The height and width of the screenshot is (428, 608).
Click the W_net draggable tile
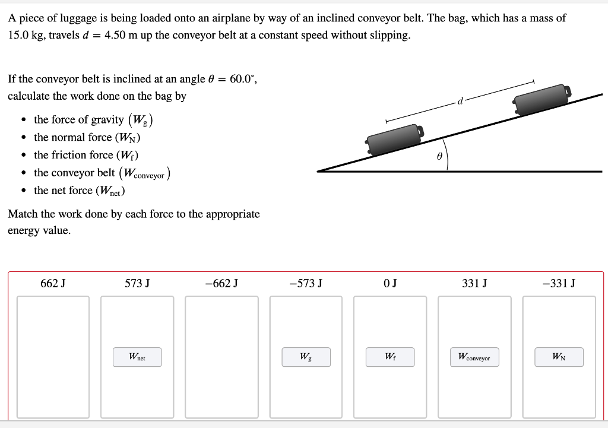137,357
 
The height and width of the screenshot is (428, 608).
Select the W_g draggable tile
305,357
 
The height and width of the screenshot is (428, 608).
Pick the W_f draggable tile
390,357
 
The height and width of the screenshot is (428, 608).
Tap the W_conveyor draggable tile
474,357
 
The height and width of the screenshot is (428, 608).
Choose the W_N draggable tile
558,357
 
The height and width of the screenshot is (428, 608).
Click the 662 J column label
53,284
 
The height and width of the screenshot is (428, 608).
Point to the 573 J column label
137,284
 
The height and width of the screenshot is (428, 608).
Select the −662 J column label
221,284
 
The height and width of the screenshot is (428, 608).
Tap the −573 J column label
306,284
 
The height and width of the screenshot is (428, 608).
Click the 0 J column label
390,284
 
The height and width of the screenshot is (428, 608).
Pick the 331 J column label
474,284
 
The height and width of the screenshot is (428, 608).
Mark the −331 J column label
559,284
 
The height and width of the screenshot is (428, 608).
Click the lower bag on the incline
395,140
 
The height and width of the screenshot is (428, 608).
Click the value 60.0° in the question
242,79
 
